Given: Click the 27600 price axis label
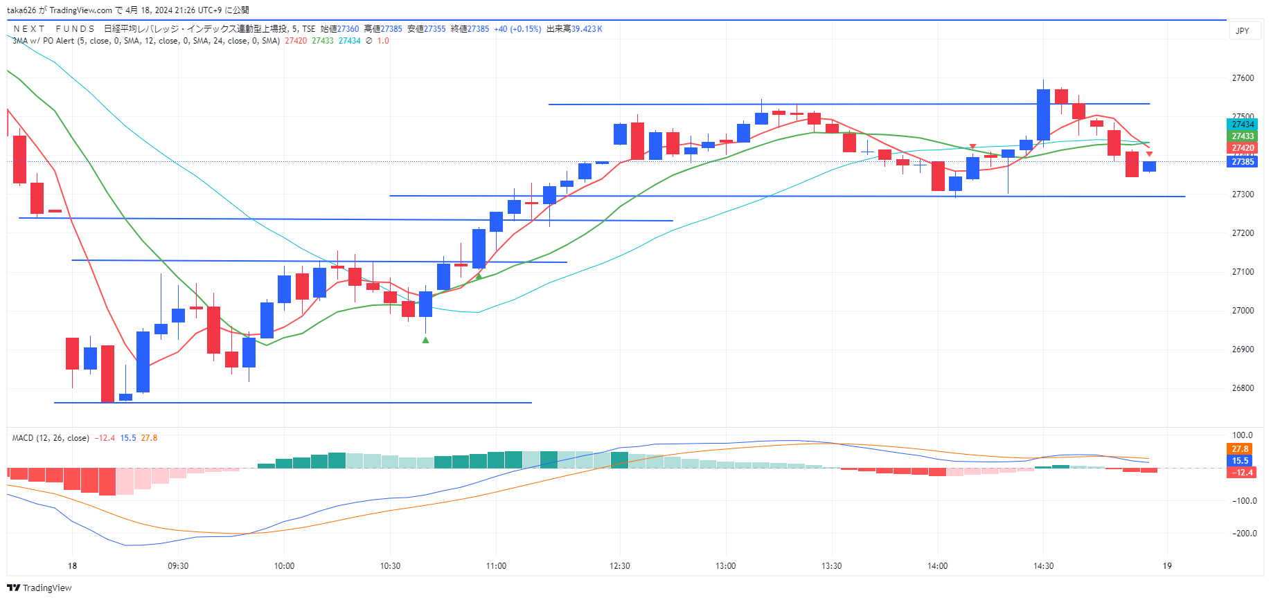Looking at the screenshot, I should tap(1243, 78).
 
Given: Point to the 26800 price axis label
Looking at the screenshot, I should tap(1243, 388).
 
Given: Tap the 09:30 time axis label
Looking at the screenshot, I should tap(178, 566).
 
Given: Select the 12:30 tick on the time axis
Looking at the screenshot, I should tap(620, 566).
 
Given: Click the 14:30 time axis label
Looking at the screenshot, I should tap(1043, 566).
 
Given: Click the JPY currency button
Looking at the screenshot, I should tap(1243, 30).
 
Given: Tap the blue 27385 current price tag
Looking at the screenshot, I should tap(1243, 162).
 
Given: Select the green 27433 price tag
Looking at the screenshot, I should tap(1243, 136).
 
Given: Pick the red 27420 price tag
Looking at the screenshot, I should tap(1243, 148).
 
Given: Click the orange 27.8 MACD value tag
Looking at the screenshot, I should tap(1240, 449).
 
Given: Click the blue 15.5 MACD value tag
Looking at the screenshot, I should tap(1240, 461).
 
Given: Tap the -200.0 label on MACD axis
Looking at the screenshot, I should tap(1244, 534).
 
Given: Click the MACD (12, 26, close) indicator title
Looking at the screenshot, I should tap(51, 438).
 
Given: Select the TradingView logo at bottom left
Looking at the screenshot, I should tap(39, 588).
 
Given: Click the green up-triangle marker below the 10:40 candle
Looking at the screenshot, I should tap(425, 340).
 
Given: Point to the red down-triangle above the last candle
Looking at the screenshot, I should tap(1149, 154).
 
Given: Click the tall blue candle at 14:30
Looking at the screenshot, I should tap(1043, 115).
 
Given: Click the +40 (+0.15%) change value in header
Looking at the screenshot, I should tap(517, 29).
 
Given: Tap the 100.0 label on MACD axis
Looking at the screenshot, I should tap(1243, 435).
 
